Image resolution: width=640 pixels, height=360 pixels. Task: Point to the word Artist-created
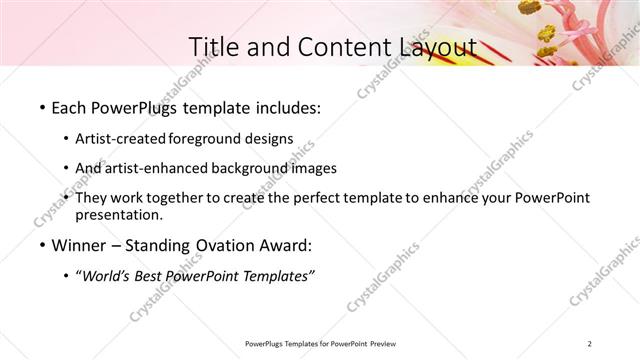[x=121, y=138]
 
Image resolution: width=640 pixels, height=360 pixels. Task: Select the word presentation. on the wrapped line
[x=118, y=214]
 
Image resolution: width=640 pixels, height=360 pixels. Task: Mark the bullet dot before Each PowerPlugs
[x=41, y=106]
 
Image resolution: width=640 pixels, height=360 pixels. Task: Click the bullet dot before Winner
[x=41, y=246]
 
